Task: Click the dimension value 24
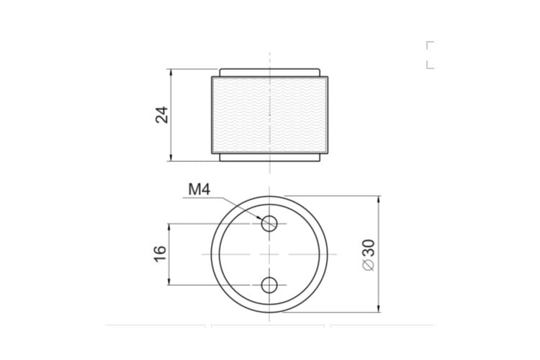click(162, 114)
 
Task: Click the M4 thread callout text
click(199, 189)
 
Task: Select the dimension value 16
click(160, 254)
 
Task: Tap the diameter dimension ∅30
click(369, 255)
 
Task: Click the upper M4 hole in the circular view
click(269, 224)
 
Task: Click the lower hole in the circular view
click(269, 285)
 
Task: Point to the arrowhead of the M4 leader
click(259, 217)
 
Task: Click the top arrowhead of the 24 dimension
click(169, 72)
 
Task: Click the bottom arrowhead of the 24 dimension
click(169, 158)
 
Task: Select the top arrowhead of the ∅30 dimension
click(379, 199)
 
